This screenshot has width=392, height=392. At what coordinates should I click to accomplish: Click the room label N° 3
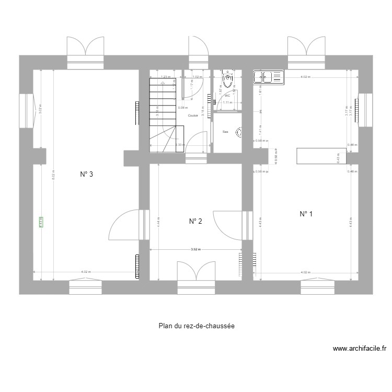87,175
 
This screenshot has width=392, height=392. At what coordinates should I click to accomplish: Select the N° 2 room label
195,222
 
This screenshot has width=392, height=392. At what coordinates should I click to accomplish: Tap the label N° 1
306,214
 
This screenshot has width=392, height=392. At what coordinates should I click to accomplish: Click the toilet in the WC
227,79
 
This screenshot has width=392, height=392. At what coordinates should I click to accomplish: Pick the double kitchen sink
268,77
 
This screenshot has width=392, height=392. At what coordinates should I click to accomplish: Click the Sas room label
225,132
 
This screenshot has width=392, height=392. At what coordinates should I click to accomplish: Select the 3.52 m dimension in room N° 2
196,250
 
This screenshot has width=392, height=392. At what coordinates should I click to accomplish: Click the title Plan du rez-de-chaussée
196,326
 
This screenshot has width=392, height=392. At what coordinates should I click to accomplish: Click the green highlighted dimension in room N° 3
41,223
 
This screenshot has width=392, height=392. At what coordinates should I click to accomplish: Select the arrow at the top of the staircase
163,82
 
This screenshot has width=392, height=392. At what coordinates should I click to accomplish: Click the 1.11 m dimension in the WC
227,102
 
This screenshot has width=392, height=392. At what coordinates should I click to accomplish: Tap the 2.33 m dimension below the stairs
179,145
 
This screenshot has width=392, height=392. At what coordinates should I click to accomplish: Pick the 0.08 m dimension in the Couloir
182,108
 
